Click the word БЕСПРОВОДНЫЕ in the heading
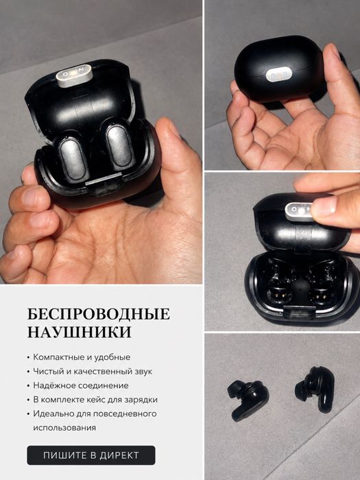click(99, 314)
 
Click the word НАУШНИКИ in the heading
click(80, 332)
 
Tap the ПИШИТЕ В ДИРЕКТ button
click(91, 455)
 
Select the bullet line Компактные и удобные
click(82, 357)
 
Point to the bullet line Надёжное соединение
click(81, 385)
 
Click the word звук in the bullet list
click(143, 372)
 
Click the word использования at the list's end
click(64, 428)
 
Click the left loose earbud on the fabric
click(247, 399)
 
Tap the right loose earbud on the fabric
click(315, 389)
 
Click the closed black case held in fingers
click(278, 69)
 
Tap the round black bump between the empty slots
click(298, 289)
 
